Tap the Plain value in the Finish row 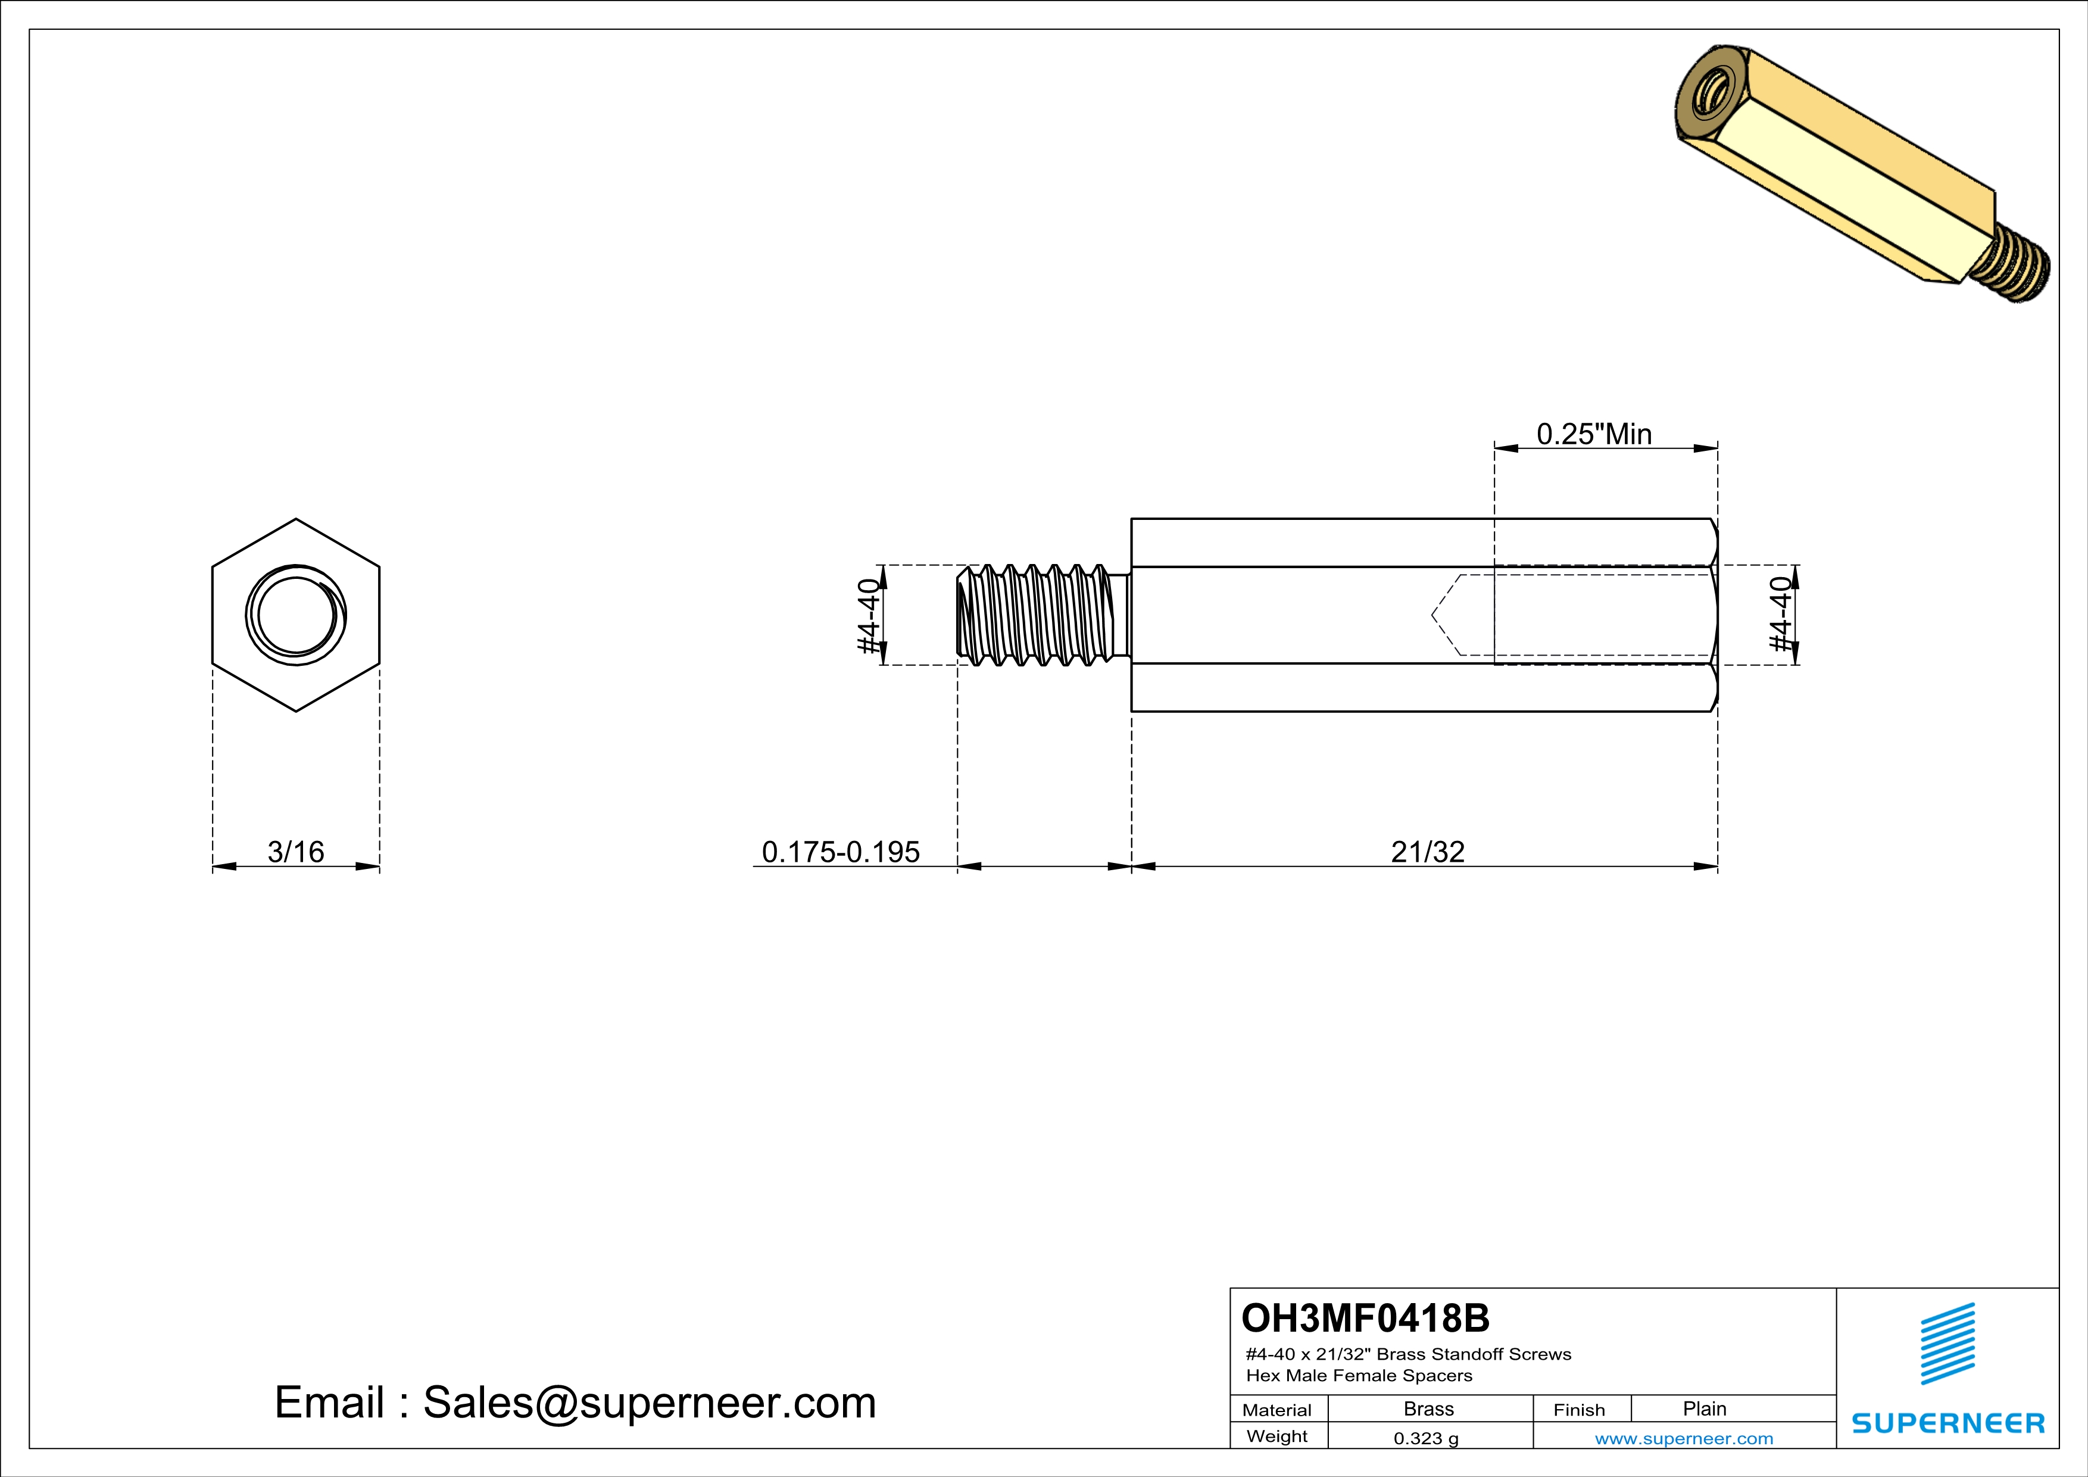[1704, 1409]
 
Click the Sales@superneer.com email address [650, 1403]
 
